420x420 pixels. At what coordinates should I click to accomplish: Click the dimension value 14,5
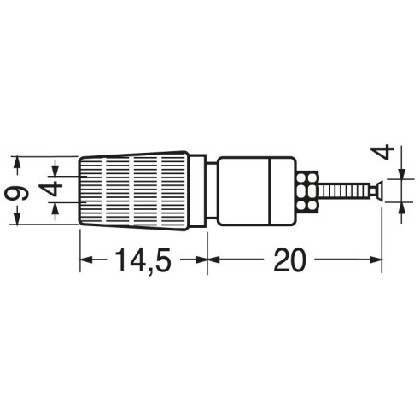143,260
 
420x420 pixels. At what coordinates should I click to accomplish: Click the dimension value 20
289,260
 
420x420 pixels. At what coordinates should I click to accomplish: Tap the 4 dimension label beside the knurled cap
50,190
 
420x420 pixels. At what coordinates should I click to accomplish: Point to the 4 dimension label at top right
383,151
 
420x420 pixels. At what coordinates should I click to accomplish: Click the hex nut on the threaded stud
307,191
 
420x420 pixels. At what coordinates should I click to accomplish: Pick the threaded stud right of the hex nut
344,191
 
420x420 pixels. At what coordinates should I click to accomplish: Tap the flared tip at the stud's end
376,191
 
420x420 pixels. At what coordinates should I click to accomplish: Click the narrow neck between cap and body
212,190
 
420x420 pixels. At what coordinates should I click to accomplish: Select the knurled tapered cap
134,191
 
